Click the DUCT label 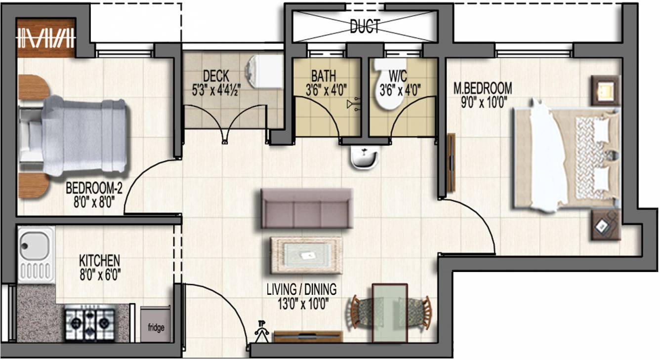(365, 26)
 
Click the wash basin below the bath (364, 157)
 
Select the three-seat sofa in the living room (307, 208)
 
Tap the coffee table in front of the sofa (306, 255)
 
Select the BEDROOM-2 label (94, 188)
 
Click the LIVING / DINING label (301, 289)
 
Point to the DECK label (216, 76)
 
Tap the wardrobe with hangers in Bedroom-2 (46, 38)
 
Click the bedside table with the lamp (605, 90)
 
